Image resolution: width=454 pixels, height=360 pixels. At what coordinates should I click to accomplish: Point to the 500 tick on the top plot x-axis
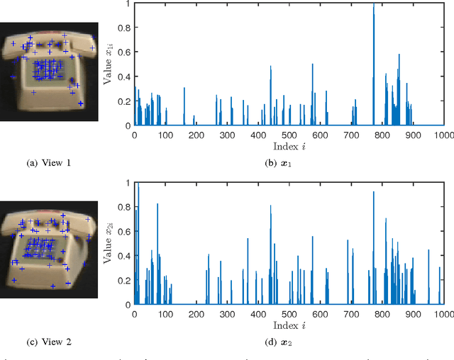point(289,135)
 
